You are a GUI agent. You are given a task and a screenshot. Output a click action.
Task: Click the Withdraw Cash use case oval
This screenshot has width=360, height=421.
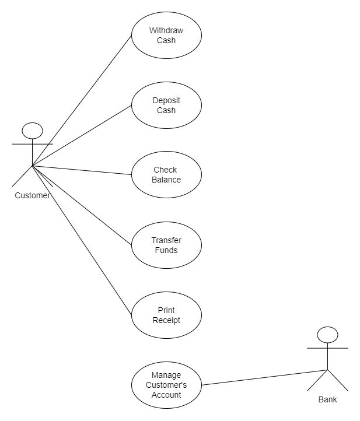(x=166, y=36)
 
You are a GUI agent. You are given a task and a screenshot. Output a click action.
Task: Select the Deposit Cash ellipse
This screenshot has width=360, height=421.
(x=166, y=106)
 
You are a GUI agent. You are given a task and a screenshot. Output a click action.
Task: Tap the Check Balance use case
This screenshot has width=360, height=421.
(x=166, y=175)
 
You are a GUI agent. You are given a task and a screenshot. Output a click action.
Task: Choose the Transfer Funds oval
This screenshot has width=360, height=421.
(x=166, y=245)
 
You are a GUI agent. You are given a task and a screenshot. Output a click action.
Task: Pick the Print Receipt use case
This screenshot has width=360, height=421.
(x=166, y=315)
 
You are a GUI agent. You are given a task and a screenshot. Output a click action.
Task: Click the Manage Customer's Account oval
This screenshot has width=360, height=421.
(x=166, y=385)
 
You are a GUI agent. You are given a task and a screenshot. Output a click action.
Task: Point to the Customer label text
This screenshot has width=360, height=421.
(x=33, y=195)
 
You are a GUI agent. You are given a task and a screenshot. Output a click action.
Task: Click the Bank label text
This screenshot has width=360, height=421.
(x=327, y=400)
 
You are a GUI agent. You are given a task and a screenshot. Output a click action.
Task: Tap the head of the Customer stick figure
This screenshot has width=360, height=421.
(x=33, y=130)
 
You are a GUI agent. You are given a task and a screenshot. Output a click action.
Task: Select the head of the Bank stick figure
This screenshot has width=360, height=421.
(x=327, y=334)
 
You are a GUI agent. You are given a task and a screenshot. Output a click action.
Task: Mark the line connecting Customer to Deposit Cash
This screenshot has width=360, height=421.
(x=82, y=136)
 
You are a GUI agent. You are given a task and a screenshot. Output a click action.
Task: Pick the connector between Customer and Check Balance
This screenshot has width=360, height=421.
(x=82, y=170)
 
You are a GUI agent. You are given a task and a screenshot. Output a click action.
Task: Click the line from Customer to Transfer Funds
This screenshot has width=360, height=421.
(x=82, y=205)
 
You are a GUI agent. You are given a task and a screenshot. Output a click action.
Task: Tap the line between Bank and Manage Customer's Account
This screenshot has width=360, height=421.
(x=263, y=377)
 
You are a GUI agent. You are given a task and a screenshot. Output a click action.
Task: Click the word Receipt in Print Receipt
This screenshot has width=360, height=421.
(x=166, y=320)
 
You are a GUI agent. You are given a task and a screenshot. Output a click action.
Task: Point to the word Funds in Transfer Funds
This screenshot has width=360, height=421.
(x=166, y=250)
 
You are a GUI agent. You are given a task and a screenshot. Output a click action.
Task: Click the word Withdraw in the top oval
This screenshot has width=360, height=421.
(x=166, y=30)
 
